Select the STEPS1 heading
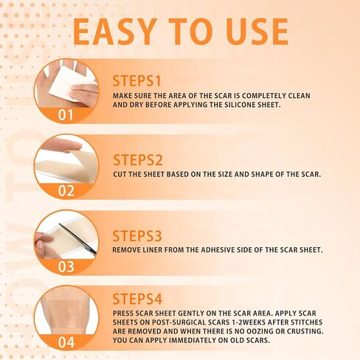pos(136,81)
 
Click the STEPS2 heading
pos(138,160)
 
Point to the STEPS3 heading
pos(137,236)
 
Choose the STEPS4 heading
pos(137,299)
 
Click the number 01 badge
pos(66,115)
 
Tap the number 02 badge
pos(66,191)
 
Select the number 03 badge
pos(66,266)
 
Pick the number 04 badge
pos(66,342)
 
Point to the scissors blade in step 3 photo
pos(77,238)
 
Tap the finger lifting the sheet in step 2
pos(61,145)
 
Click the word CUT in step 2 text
pos(120,174)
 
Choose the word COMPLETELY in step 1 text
pos(263,95)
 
